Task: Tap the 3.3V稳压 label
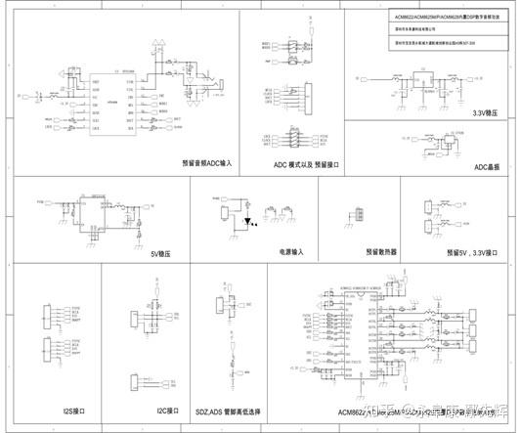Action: [487, 113]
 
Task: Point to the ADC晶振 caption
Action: [487, 166]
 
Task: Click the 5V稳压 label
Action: [161, 252]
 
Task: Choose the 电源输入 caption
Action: [292, 251]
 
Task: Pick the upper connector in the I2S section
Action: [48, 319]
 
